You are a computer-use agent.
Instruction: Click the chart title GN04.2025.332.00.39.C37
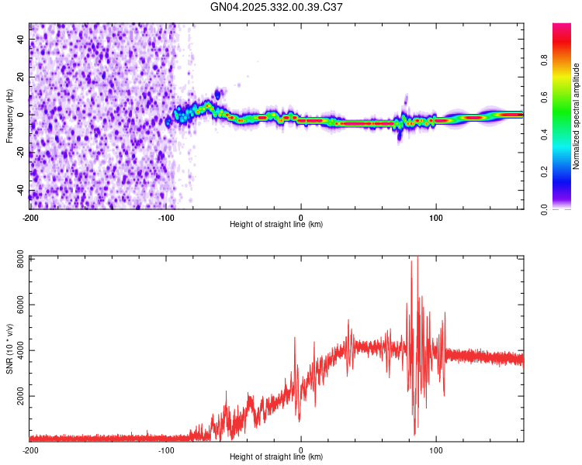click(277, 7)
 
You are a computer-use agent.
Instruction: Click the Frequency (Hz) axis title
click(9, 115)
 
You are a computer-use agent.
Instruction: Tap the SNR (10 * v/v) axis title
click(9, 349)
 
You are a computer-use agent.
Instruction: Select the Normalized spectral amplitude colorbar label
click(577, 116)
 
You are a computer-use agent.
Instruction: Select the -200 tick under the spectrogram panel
click(30, 216)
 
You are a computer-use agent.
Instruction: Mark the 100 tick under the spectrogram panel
click(436, 216)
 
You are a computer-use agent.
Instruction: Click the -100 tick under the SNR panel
click(165, 449)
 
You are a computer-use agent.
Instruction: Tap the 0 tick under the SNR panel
click(301, 449)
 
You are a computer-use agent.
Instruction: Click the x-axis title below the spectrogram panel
click(277, 224)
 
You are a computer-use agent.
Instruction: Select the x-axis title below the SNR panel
click(277, 457)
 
